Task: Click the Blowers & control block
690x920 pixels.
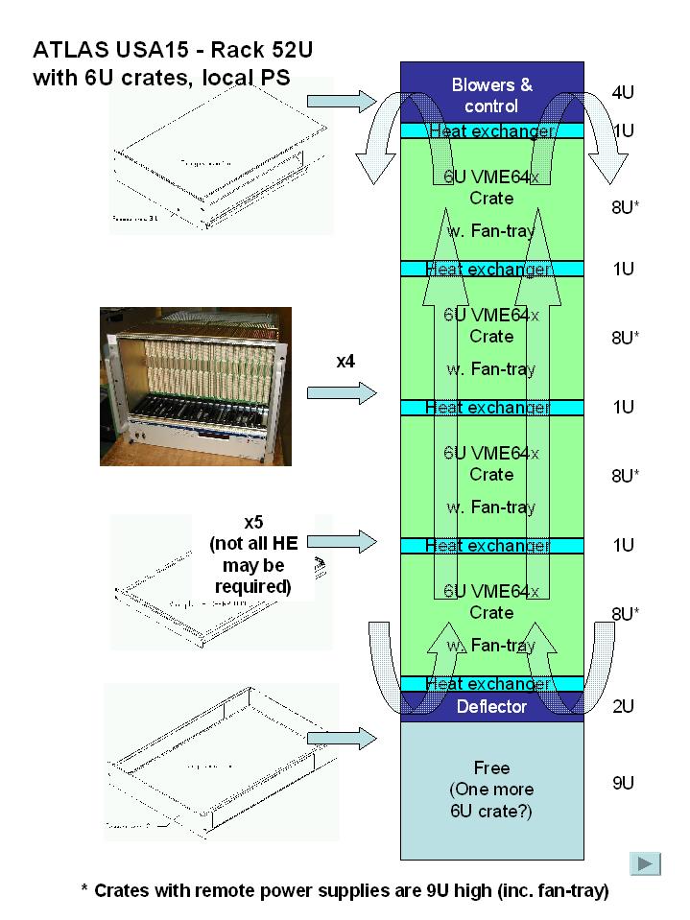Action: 491,94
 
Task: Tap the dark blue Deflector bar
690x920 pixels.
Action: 491,707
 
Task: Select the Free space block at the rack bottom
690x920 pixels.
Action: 491,790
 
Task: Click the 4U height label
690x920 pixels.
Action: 623,94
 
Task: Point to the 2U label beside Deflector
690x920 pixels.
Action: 623,707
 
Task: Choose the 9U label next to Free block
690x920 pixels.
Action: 623,783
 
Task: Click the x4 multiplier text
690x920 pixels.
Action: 346,361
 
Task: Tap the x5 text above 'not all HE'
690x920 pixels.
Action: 253,523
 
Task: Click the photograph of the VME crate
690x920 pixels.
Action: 196,386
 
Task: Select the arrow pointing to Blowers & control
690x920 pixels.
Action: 345,100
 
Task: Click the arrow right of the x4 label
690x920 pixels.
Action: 345,392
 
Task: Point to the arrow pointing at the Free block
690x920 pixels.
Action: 345,738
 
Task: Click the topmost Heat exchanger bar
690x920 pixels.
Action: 491,131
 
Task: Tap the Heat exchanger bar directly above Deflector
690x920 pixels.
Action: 491,684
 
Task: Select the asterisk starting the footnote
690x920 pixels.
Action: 84,889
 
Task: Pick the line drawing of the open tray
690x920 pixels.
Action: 221,761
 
